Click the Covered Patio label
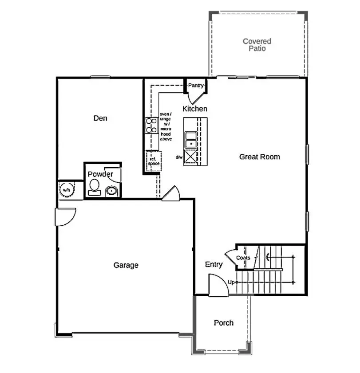click(x=257, y=45)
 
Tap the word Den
click(x=100, y=118)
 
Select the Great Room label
click(x=260, y=157)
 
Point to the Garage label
click(x=126, y=265)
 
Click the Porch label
click(x=224, y=323)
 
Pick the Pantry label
click(x=196, y=85)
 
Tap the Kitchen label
click(x=195, y=109)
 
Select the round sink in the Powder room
click(x=111, y=192)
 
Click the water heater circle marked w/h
click(x=67, y=190)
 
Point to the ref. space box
click(x=154, y=161)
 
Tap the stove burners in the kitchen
click(x=151, y=125)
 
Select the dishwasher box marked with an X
click(x=190, y=157)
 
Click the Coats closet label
click(x=243, y=258)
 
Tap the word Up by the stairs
click(x=231, y=282)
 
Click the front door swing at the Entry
click(x=218, y=284)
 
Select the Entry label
click(x=214, y=265)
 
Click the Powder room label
click(x=100, y=174)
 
